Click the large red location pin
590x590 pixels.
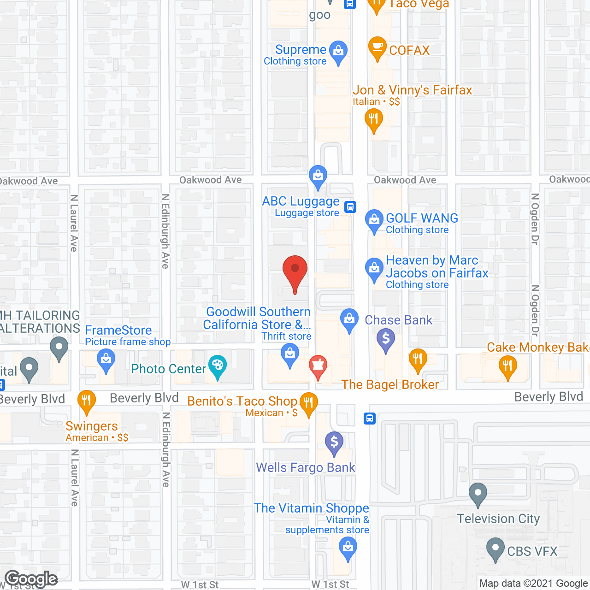(295, 272)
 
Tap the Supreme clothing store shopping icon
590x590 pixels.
(339, 52)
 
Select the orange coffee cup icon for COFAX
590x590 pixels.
(378, 48)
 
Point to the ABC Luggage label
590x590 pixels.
(301, 201)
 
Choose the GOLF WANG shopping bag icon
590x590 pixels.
(374, 221)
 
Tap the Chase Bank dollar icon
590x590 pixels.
(386, 340)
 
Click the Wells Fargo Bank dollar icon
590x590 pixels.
(334, 443)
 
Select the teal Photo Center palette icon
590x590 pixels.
(217, 367)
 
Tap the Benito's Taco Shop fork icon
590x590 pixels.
(308, 403)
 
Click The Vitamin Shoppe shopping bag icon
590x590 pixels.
(348, 549)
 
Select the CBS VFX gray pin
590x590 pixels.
(496, 549)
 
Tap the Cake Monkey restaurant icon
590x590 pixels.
(507, 367)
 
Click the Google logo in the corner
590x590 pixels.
(31, 579)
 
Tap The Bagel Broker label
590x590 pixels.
(390, 384)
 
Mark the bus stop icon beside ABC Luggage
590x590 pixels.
(351, 206)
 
